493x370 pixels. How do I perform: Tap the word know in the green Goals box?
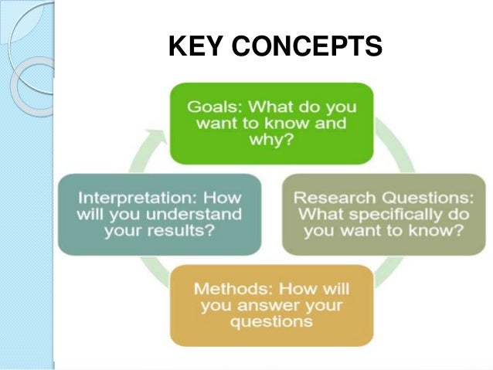(x=277, y=124)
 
